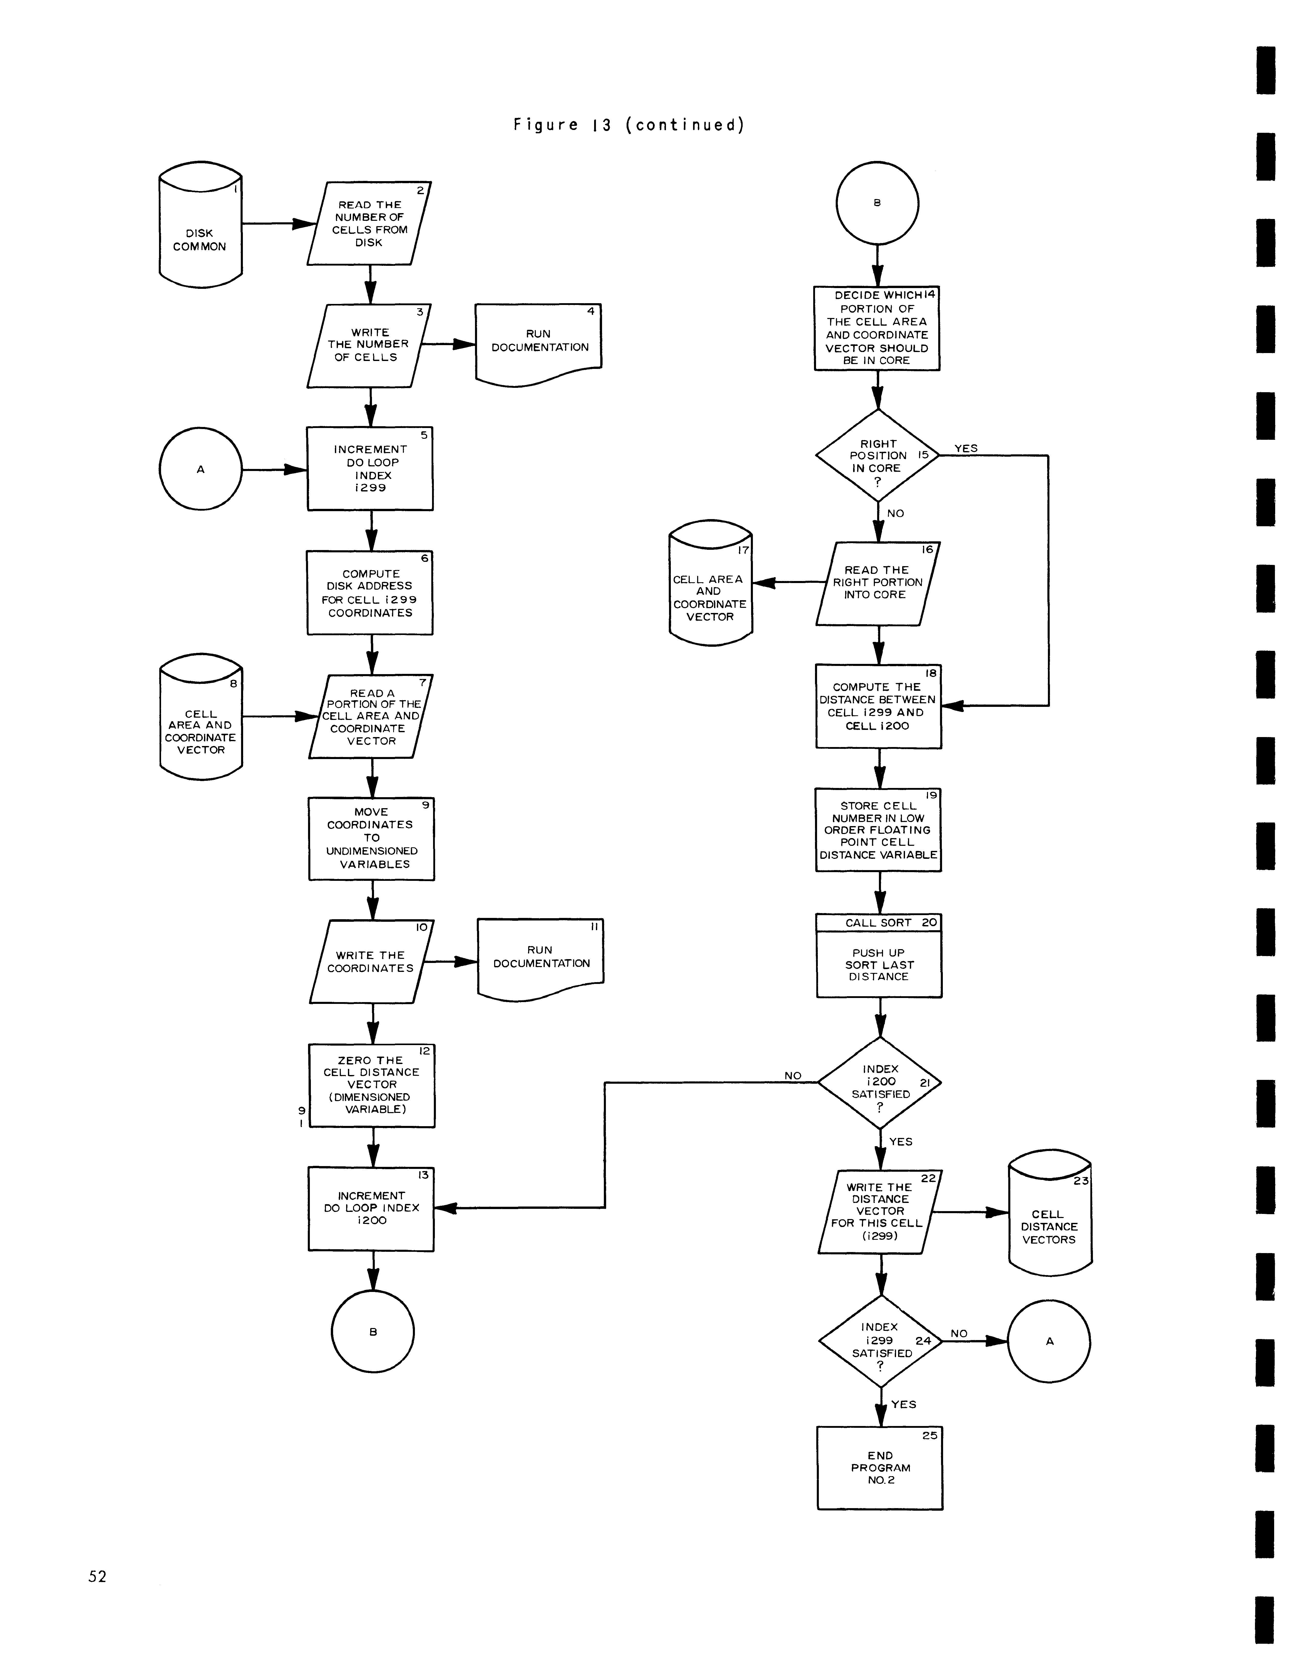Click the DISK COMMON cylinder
click(x=200, y=225)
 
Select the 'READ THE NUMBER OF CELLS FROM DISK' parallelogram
click(x=369, y=224)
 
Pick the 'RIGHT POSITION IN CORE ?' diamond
click(x=877, y=456)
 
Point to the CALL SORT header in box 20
click(x=879, y=923)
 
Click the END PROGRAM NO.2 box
click(x=880, y=1468)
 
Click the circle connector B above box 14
click(x=877, y=203)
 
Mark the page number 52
click(x=97, y=1576)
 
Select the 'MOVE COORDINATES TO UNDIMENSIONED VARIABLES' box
click(x=371, y=839)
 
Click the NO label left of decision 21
click(x=793, y=1076)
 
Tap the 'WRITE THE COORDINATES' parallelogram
click(x=371, y=962)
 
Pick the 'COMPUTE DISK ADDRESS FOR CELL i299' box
click(x=370, y=593)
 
